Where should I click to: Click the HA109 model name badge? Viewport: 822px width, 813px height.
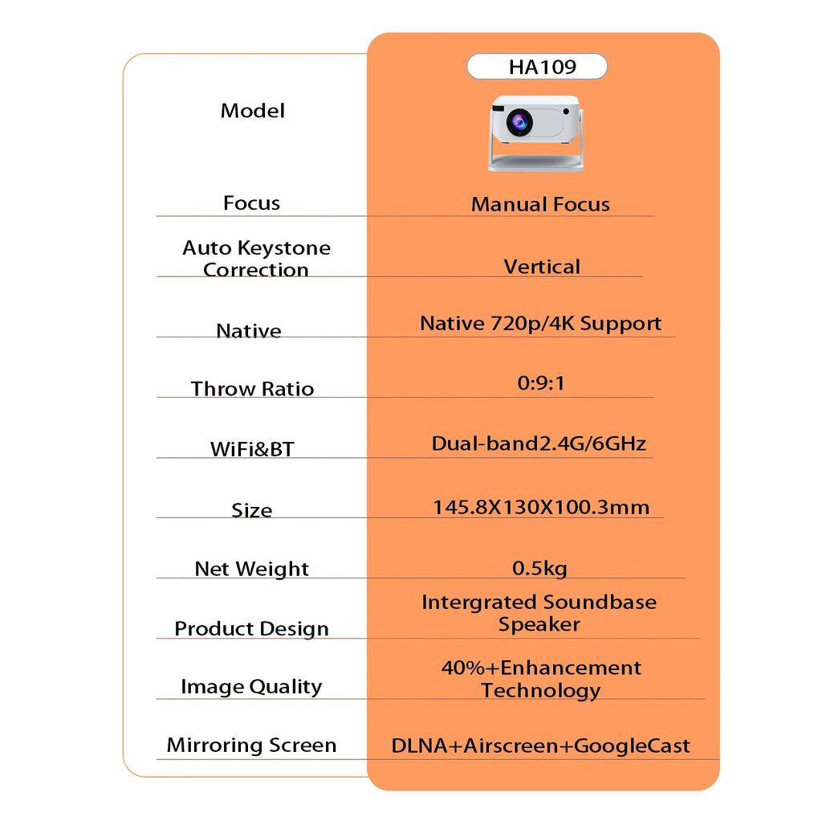pos(537,67)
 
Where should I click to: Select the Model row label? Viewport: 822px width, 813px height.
pos(252,111)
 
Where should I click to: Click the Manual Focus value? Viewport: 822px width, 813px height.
pos(540,204)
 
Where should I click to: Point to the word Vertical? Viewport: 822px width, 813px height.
pos(542,266)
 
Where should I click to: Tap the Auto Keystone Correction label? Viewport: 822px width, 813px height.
pos(256,259)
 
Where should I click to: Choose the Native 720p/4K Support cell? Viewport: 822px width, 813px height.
pos(540,324)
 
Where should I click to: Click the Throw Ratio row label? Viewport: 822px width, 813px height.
pos(252,389)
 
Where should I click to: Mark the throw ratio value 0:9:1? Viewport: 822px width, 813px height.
pos(541,383)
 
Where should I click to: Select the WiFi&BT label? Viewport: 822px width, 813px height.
pos(252,448)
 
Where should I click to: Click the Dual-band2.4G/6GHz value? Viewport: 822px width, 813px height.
pos(539,443)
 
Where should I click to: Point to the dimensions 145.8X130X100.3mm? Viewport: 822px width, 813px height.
pos(541,507)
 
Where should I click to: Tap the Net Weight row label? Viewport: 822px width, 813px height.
pos(251,569)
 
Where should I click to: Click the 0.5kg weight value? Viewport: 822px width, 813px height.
pos(539,569)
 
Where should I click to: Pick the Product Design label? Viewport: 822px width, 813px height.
pos(251,628)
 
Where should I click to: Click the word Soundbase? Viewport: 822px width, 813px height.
pos(600,602)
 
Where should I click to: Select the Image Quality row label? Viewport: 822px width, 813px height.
pos(251,686)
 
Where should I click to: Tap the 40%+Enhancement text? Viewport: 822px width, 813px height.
pos(541,668)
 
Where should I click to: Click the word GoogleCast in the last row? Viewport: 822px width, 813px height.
pos(633,746)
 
